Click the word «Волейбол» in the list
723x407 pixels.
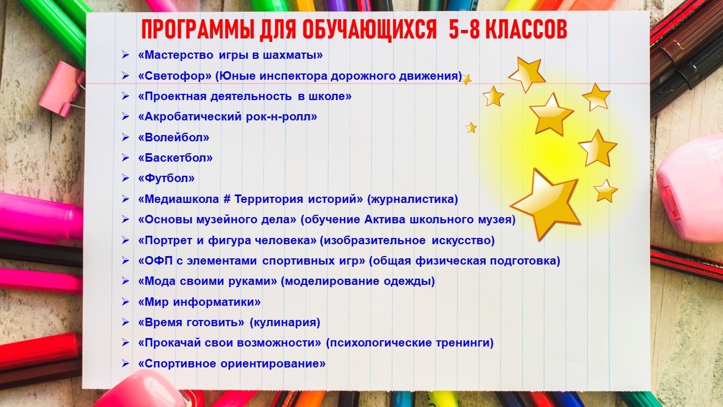[x=173, y=137]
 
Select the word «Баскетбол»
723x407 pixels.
[x=175, y=158]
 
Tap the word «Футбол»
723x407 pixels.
[x=166, y=178]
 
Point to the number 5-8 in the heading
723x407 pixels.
[x=464, y=30]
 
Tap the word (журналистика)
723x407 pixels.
[x=412, y=200]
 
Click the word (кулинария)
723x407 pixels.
[x=285, y=322]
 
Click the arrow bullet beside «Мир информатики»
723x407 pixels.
[x=125, y=302]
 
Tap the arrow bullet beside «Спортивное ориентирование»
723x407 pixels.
[x=125, y=363]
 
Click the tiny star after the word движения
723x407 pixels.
[x=466, y=79]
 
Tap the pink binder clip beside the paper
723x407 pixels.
[x=62, y=89]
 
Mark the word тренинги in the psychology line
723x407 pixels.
[x=464, y=343]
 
